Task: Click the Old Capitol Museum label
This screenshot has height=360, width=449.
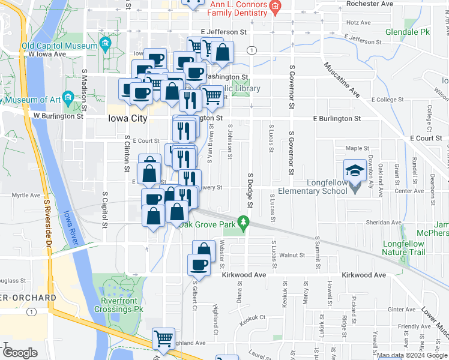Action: tap(59, 46)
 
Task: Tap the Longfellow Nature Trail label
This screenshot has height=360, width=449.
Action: tap(403, 248)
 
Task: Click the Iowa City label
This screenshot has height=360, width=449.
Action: tap(127, 119)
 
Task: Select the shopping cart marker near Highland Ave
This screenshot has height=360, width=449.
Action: tap(163, 340)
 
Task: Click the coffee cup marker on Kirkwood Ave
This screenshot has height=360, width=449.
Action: tap(199, 265)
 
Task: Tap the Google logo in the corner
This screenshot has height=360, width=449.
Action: tap(20, 353)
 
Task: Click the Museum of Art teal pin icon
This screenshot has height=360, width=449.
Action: tap(68, 97)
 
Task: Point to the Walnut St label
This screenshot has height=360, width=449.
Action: tap(293, 255)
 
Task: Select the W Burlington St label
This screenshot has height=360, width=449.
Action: tap(58, 116)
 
